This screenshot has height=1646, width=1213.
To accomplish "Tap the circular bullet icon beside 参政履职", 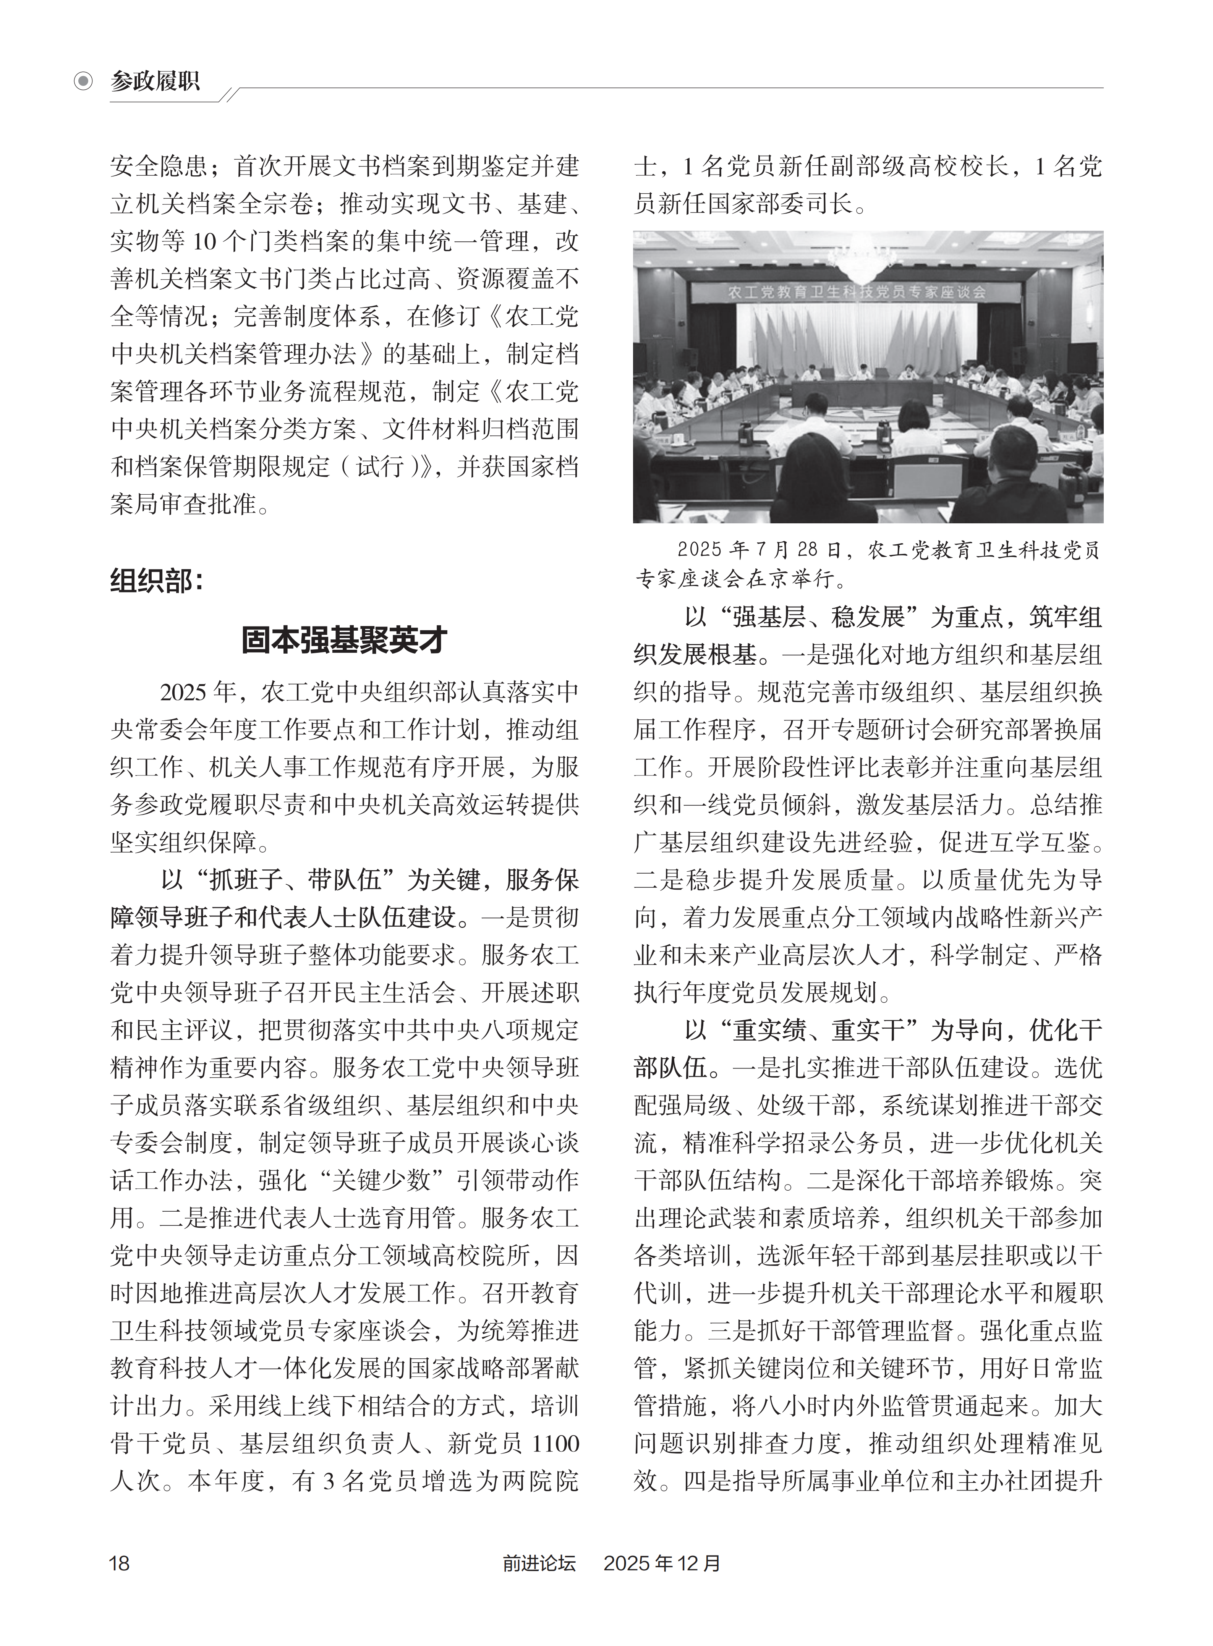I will click(x=84, y=81).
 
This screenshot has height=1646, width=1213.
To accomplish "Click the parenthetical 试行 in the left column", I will click(x=381, y=466).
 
